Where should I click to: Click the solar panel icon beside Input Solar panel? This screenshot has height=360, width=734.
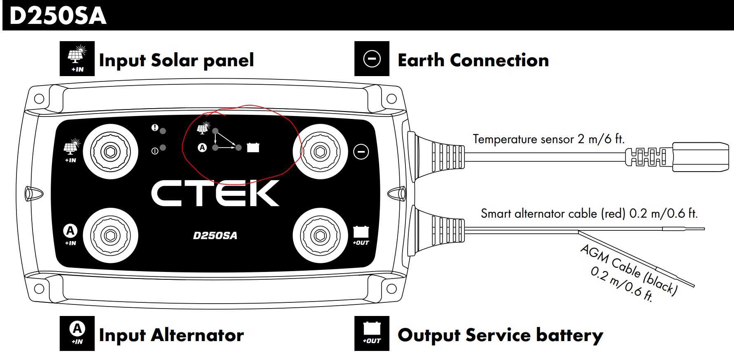point(77,58)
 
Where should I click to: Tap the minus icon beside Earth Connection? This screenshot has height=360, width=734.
point(372,59)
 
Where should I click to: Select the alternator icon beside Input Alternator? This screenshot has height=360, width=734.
point(77,333)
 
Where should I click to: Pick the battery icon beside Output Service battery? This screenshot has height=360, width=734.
point(372,333)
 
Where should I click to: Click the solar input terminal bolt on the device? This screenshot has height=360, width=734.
point(110,151)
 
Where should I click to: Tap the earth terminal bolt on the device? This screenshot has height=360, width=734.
point(320,151)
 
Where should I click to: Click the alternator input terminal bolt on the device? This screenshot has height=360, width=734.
point(110,236)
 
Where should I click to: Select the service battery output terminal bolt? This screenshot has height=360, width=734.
point(320,236)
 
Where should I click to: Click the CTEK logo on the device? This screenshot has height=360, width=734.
point(215,193)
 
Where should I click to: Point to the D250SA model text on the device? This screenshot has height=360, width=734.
point(215,236)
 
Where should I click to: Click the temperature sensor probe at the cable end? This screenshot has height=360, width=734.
point(700,157)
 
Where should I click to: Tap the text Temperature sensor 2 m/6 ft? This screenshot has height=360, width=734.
point(548,139)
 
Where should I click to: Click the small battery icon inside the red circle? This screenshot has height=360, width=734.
point(253,147)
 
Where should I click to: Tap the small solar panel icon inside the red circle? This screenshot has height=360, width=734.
point(203,128)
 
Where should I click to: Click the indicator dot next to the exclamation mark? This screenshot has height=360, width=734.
point(163,131)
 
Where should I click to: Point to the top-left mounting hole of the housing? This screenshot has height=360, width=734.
point(39,99)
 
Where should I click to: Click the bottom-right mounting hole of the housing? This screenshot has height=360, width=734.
point(391,288)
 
